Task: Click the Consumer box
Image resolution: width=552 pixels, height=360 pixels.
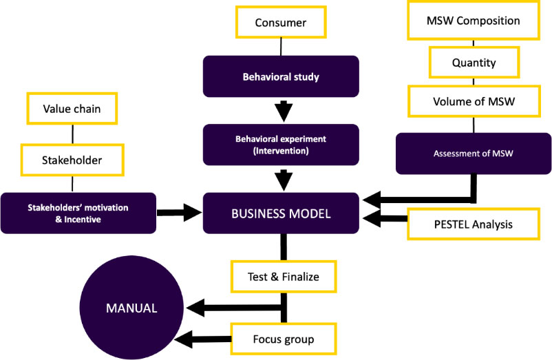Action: point(281,22)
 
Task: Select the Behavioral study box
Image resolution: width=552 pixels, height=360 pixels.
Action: point(281,76)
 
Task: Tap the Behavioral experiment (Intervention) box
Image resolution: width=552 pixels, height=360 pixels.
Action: point(281,145)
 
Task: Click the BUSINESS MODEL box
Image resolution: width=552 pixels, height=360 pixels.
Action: point(281,213)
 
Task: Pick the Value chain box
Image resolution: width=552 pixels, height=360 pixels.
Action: point(72,109)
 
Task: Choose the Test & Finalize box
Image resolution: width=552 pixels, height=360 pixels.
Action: point(283,277)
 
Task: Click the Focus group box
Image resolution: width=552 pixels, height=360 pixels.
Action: point(283,339)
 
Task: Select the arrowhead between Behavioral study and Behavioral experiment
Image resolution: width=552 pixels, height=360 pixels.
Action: point(281,110)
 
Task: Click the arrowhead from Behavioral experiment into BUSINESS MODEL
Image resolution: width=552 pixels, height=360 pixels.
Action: point(281,181)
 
